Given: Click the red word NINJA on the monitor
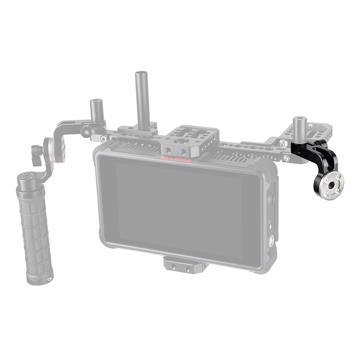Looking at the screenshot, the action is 167,158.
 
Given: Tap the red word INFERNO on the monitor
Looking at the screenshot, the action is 183,160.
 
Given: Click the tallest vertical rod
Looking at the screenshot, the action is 140,101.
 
